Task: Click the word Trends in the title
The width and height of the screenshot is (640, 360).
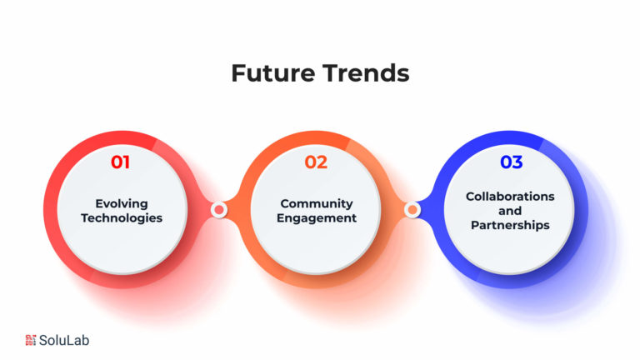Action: pos(366,73)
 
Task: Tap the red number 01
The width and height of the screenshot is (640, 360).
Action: pos(120,162)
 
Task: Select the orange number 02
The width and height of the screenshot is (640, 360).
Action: pos(316,162)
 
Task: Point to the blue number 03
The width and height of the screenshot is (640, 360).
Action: pos(512,162)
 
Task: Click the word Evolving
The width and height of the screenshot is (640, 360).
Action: pos(122,203)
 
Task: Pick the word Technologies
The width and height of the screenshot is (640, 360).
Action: pos(122,218)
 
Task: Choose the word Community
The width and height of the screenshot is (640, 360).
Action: pos(317,203)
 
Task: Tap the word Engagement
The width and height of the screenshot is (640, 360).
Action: pos(317,218)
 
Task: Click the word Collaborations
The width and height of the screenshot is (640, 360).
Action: pos(510,197)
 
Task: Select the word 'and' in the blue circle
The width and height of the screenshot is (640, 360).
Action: pos(510,211)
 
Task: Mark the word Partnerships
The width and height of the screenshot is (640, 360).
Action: pos(510,225)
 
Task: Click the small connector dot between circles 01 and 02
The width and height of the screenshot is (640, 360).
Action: pos(219,210)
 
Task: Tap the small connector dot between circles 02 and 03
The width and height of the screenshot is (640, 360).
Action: pos(412,210)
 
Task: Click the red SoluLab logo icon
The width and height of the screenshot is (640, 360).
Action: pos(31,340)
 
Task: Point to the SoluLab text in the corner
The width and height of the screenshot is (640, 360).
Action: pos(64,340)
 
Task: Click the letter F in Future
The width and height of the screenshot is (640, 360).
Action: pos(238,73)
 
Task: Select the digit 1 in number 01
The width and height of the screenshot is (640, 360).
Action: pos(126,162)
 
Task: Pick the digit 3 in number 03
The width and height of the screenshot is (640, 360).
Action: pos(517,162)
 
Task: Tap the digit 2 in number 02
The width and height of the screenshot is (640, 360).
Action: pos(322,162)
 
